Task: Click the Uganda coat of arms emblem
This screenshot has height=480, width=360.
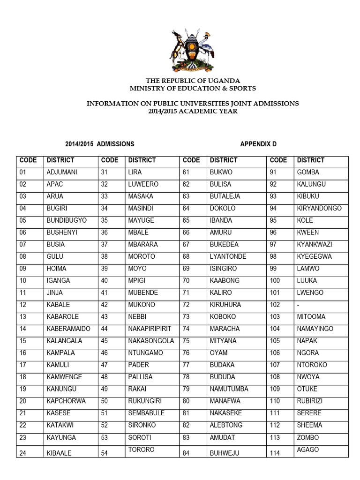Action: point(192,50)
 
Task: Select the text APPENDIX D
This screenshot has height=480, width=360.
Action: point(262,144)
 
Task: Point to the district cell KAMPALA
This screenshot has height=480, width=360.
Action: point(61,353)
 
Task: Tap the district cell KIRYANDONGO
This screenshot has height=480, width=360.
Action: point(319,208)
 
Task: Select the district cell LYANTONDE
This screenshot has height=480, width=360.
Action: point(228,256)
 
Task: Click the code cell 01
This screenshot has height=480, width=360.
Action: point(23,172)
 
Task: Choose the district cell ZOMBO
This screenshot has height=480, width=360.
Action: point(308,437)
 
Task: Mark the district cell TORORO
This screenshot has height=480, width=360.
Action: point(142,450)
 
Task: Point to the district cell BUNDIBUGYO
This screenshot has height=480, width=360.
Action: point(67,220)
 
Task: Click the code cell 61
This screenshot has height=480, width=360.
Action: point(186,172)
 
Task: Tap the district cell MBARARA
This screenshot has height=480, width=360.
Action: point(143,244)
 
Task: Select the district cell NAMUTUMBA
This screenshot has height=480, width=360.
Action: point(229,389)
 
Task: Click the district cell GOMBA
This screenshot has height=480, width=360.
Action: point(308,172)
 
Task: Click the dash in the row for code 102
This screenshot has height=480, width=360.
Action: point(298,305)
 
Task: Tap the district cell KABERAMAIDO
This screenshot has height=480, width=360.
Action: point(68,329)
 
